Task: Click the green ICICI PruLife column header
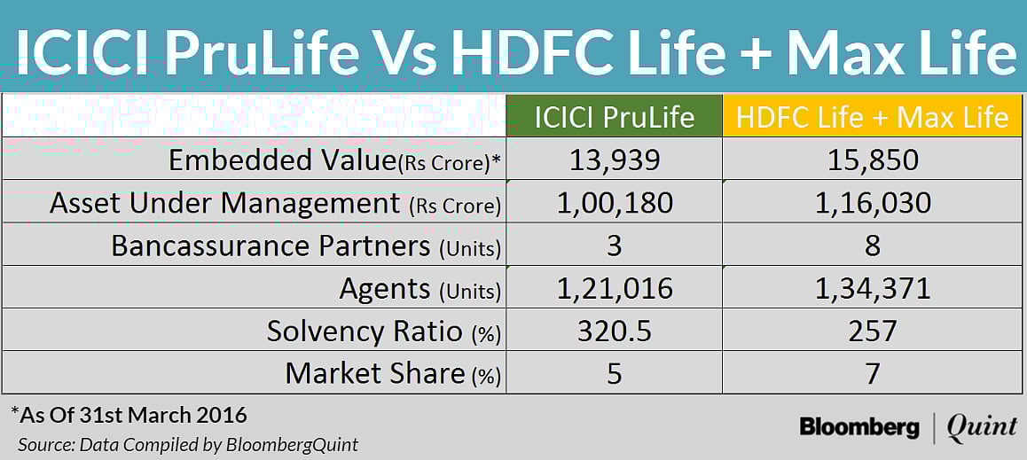614,116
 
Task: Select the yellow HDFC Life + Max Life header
873,116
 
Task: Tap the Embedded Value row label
334,160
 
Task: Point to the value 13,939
614,160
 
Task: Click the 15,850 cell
873,160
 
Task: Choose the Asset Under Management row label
275,203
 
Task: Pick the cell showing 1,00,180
614,203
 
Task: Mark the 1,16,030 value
873,203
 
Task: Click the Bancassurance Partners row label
306,246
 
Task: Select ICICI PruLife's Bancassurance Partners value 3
614,246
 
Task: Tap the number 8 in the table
873,246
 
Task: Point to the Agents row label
419,288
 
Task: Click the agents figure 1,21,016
614,288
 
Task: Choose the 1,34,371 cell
873,288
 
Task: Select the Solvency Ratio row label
383,331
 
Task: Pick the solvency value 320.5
614,331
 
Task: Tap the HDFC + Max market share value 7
873,373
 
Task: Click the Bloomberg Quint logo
907,427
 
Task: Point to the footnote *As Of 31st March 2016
129,415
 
